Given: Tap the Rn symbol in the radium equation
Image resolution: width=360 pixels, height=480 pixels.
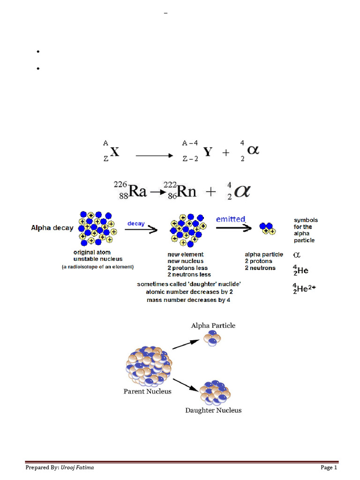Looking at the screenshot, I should click(187, 192).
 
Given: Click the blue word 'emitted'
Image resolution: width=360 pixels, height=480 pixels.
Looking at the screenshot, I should click(230, 219).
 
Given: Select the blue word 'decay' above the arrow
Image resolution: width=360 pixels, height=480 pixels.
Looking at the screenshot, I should click(136, 224).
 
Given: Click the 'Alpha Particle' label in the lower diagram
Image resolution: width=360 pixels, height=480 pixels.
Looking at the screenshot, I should click(213, 325).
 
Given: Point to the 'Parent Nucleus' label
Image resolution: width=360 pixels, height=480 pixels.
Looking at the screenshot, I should click(147, 391).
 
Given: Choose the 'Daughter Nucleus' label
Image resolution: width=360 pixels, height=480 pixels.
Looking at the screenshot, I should click(213, 410).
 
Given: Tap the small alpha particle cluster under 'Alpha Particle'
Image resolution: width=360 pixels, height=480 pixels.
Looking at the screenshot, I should click(212, 339).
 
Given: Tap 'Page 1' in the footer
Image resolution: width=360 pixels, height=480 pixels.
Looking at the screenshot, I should click(329, 467).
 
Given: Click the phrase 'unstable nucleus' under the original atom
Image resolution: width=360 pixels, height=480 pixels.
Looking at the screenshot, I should click(98, 259).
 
